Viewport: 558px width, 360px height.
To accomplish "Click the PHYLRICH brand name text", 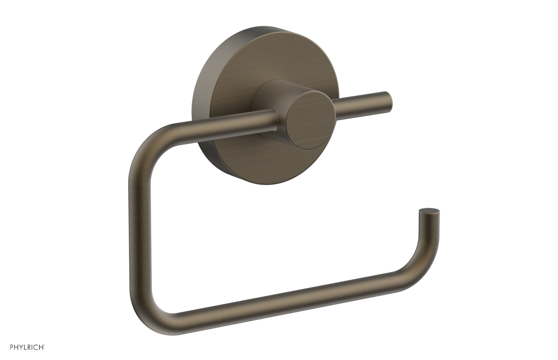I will tap(22, 347).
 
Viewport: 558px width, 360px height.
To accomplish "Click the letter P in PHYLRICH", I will tap(3, 347).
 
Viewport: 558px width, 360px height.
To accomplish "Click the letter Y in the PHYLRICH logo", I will tap(13, 347).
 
